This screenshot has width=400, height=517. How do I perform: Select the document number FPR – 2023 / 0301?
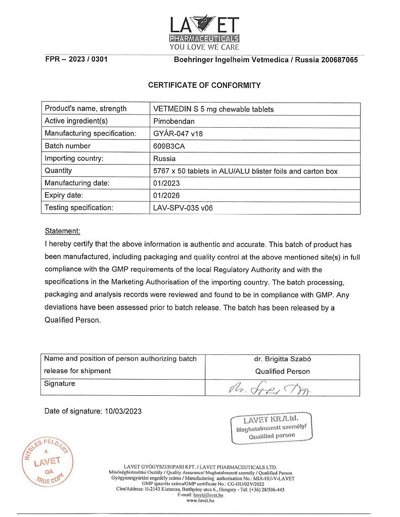76,60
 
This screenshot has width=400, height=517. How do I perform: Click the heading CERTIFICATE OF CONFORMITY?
204,85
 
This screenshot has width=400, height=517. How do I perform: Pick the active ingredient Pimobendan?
173,121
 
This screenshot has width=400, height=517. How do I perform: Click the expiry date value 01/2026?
166,195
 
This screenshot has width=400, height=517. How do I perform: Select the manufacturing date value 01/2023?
166,183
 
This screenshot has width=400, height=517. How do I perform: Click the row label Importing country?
74,158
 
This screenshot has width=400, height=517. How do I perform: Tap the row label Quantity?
58,171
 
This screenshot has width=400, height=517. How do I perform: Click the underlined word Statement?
62,231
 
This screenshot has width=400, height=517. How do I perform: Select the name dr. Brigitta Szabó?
282,359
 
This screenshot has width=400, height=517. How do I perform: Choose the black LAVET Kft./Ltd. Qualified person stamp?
271,428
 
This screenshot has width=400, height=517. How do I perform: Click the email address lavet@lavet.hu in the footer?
207,495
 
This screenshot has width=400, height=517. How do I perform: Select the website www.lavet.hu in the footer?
200,500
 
